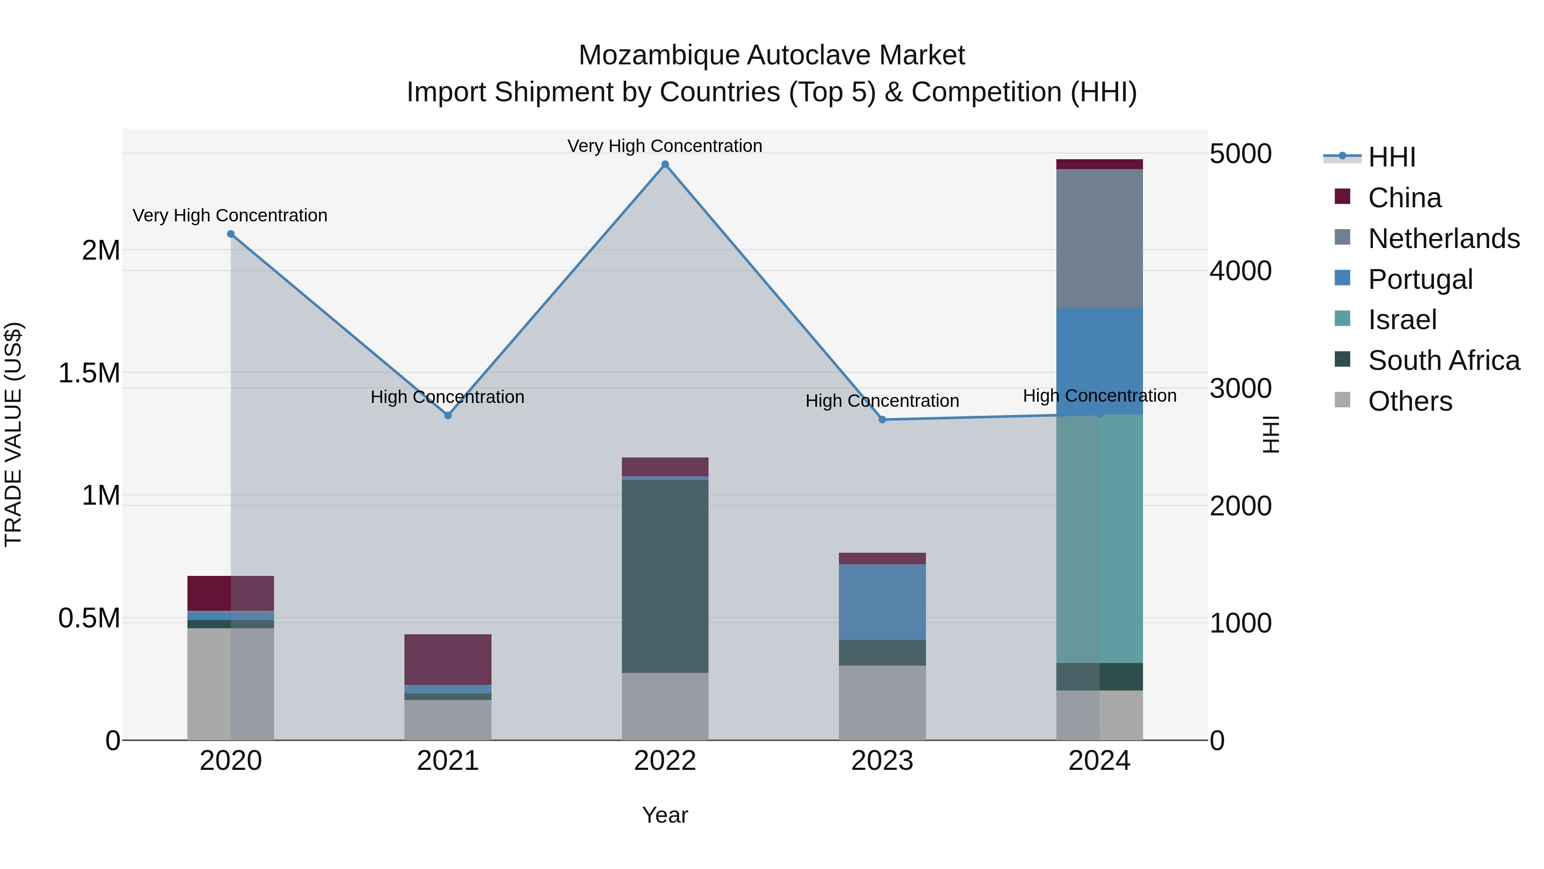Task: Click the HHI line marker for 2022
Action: click(x=665, y=164)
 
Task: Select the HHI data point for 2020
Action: click(x=231, y=234)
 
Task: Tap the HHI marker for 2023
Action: click(x=882, y=420)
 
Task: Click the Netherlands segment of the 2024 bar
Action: click(x=1099, y=238)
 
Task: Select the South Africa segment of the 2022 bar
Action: click(x=665, y=576)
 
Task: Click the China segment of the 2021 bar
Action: click(x=448, y=659)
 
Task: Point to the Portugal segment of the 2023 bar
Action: click(x=882, y=602)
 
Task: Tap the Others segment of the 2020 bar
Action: click(x=231, y=684)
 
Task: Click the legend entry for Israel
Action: click(x=1402, y=320)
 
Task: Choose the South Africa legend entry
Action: click(x=1443, y=360)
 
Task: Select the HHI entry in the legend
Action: click(x=1391, y=157)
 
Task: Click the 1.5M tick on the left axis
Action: click(x=89, y=373)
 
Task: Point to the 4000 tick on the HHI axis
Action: click(x=1240, y=271)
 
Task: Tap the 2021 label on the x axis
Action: click(x=448, y=761)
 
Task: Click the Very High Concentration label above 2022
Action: click(x=665, y=146)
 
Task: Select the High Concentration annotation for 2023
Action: click(x=882, y=401)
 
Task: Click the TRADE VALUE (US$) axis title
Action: click(x=13, y=434)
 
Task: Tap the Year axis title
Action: click(x=665, y=815)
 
